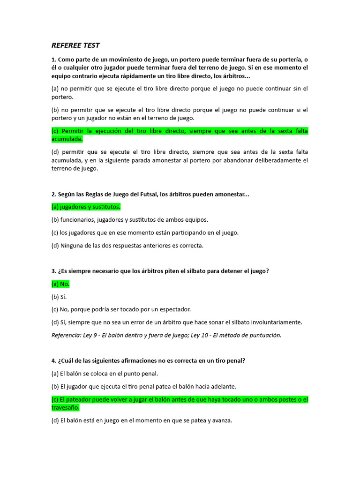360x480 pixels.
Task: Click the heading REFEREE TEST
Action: click(x=75, y=45)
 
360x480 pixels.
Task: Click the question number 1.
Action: click(x=53, y=60)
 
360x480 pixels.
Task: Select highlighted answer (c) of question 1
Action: click(x=180, y=135)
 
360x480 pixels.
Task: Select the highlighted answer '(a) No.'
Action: click(x=60, y=284)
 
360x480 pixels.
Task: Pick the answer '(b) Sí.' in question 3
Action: click(x=59, y=297)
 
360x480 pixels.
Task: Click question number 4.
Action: click(x=53, y=360)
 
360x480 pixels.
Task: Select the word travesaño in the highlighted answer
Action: click(x=66, y=407)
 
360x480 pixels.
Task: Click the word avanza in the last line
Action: click(x=221, y=420)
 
